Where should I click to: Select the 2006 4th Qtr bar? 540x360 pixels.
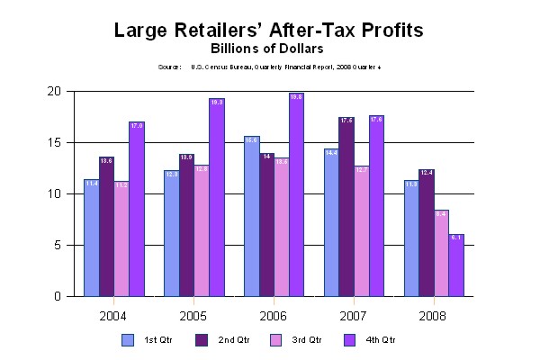296,194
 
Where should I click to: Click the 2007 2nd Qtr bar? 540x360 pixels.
346,206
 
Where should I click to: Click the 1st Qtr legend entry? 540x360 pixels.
152,339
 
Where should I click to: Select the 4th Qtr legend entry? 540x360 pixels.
377,339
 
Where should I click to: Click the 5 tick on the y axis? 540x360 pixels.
57,245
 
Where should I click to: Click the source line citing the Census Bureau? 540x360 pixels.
269,67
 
